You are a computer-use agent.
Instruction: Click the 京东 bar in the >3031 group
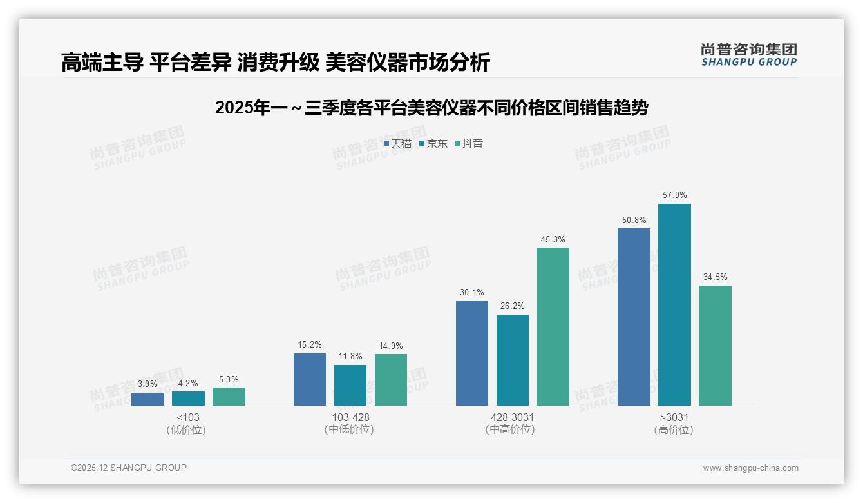coord(674,304)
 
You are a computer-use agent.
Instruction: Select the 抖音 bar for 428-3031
coord(553,326)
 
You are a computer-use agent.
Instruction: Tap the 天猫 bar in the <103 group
coord(147,399)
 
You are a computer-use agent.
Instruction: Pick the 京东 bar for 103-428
coord(350,385)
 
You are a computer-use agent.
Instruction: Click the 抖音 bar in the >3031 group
coord(715,345)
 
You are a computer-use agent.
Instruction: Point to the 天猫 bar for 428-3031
coord(471,353)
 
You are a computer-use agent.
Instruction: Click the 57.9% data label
coord(674,195)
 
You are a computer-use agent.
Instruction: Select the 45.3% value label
coord(553,239)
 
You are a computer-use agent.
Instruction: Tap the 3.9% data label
coord(147,384)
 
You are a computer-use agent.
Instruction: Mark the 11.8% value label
coord(350,356)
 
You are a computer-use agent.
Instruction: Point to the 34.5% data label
coord(715,277)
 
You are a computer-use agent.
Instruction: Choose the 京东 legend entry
coord(433,143)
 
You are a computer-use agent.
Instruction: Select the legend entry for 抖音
coord(469,143)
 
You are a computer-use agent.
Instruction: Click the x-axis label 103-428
coord(350,417)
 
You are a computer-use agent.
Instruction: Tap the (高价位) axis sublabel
coord(674,429)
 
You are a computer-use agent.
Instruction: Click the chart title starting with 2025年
coord(431,108)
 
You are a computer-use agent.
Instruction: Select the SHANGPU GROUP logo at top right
coord(748,54)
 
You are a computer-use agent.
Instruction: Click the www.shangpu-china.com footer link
coord(750,468)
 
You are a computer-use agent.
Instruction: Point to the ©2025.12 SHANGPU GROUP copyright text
coord(129,468)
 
